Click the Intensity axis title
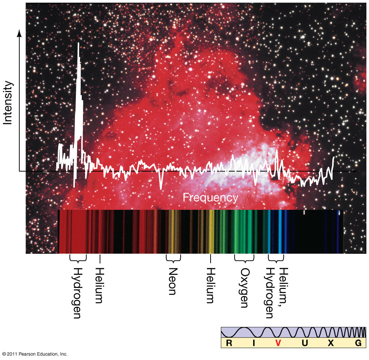[8, 102]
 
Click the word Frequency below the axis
[210, 198]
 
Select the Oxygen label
[244, 287]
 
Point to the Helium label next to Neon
[210, 285]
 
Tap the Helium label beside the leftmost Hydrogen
[98, 285]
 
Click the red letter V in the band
[279, 343]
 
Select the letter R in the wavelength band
[229, 343]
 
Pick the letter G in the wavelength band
[358, 343]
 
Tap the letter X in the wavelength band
[331, 343]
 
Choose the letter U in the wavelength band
[305, 343]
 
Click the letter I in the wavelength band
[254, 343]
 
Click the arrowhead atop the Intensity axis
[19, 33]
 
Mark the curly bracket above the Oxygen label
[244, 258]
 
